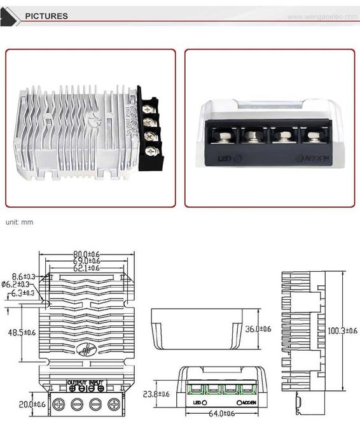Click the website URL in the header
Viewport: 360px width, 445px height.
pos(323,17)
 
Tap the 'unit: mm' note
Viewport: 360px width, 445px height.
pos(19,222)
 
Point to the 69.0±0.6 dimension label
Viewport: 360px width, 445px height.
pos(87,260)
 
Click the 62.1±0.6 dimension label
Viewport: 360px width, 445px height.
pos(87,268)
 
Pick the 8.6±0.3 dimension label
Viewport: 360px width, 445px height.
pos(23,277)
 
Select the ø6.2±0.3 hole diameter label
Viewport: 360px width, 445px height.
pos(21,285)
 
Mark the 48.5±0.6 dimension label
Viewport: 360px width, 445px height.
pos(22,332)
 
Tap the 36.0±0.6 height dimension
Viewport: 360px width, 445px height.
pos(258,328)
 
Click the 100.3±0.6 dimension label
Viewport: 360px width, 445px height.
pos(343,330)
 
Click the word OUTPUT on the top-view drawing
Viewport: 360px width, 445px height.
pos(76,382)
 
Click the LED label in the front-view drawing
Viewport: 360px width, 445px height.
pos(197,402)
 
